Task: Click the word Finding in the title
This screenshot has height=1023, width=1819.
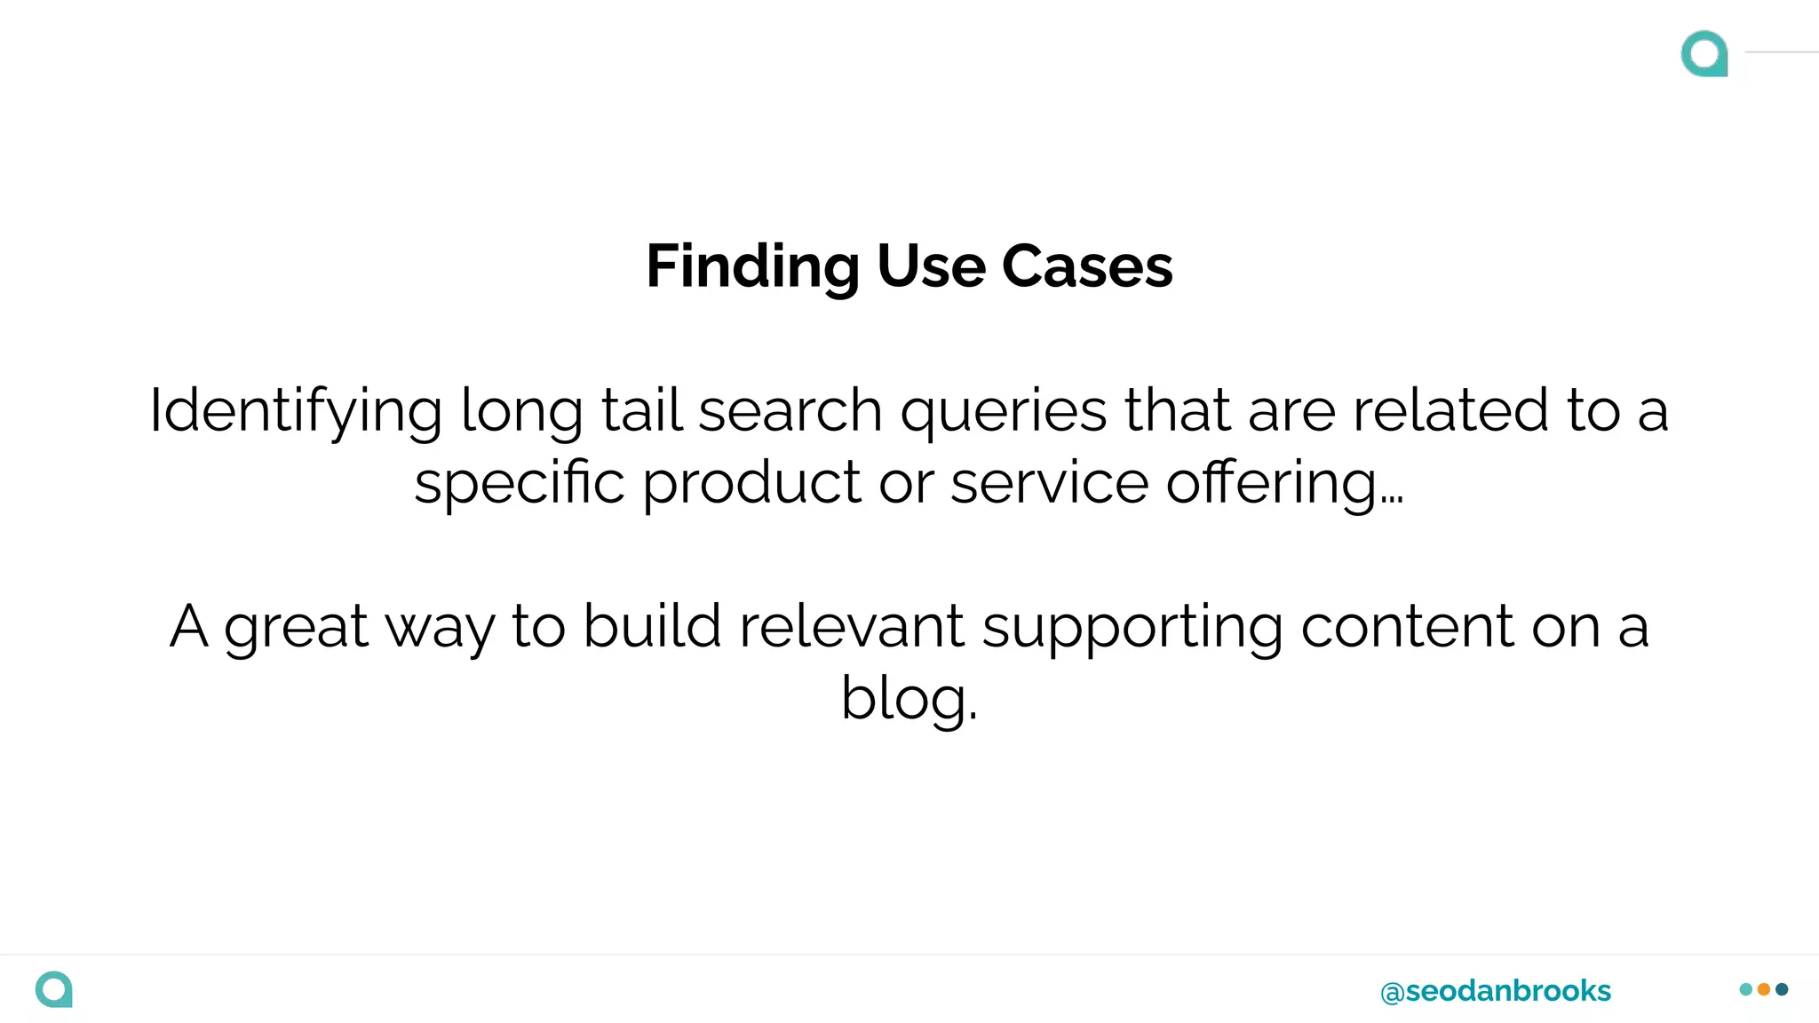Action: tap(752, 266)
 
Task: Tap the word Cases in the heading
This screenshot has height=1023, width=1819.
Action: tap(1087, 266)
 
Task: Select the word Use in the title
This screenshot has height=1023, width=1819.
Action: tap(931, 266)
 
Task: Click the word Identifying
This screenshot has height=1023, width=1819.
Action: tap(295, 411)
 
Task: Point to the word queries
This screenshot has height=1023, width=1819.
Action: tap(1004, 411)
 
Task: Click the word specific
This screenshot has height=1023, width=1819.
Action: tap(520, 484)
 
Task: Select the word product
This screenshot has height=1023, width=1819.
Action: tap(751, 484)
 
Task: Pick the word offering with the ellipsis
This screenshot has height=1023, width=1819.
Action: tap(1283, 484)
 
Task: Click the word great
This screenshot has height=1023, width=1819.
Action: tap(296, 628)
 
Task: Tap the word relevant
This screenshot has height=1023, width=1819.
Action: tap(851, 626)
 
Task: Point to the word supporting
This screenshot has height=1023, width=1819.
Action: tap(1132, 628)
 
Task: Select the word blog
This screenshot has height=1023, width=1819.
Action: tap(908, 699)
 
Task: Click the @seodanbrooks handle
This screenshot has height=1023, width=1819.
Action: tap(1495, 991)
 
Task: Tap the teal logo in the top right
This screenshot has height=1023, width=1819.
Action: tap(1704, 53)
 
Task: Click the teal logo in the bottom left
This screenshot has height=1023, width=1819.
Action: tap(54, 989)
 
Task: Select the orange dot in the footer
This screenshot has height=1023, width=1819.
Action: tap(1764, 989)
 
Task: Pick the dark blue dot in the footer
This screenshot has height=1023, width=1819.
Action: tap(1782, 989)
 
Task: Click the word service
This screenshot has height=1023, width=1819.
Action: tap(1049, 484)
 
